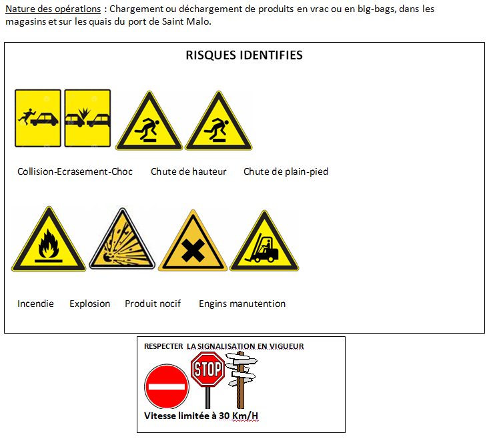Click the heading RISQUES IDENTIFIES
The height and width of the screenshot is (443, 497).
pyautogui.click(x=244, y=55)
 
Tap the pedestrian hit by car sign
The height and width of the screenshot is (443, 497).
pyautogui.click(x=38, y=118)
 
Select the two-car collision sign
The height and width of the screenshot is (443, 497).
pyautogui.click(x=87, y=118)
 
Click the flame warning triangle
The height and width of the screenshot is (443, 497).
pyautogui.click(x=49, y=240)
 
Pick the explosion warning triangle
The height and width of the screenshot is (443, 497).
pyautogui.click(x=122, y=239)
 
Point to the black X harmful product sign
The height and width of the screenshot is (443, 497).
pyautogui.click(x=193, y=241)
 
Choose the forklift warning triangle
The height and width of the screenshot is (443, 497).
pyautogui.click(x=264, y=242)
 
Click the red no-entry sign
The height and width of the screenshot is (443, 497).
pyautogui.click(x=167, y=386)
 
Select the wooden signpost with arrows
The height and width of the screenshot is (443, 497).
pyautogui.click(x=241, y=380)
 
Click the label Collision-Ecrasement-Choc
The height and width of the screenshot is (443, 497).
pyautogui.click(x=75, y=171)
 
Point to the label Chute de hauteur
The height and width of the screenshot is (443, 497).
pyautogui.click(x=189, y=171)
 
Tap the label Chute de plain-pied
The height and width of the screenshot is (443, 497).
pyautogui.click(x=286, y=171)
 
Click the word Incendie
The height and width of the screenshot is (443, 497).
pyautogui.click(x=35, y=304)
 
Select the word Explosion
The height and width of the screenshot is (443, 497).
pyautogui.click(x=89, y=304)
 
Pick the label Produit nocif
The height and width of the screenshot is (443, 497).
pyautogui.click(x=153, y=304)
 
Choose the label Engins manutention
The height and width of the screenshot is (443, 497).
pyautogui.click(x=242, y=304)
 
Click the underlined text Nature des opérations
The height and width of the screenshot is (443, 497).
pyautogui.click(x=53, y=9)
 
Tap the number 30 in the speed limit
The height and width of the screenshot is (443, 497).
pyautogui.click(x=224, y=416)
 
